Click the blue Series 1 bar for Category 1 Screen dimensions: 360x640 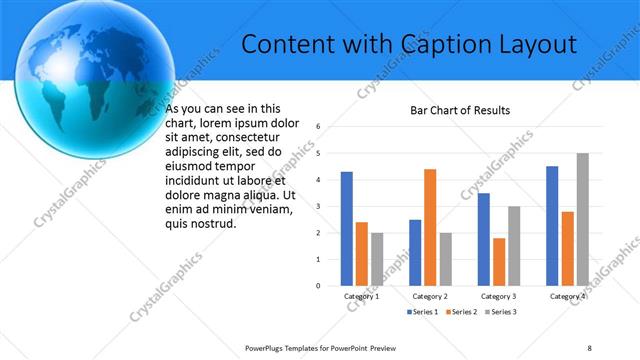[346, 229]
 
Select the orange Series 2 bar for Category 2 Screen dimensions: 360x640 [430, 227]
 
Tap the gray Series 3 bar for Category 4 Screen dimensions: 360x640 [583, 219]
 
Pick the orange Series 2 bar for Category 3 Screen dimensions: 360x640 [499, 262]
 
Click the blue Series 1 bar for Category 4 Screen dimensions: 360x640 [552, 226]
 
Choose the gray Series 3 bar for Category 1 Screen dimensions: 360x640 [377, 259]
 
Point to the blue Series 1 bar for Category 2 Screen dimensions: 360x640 [415, 252]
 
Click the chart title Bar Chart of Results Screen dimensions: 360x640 [460, 109]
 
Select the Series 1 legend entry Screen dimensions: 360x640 [421, 313]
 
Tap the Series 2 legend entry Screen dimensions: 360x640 [461, 313]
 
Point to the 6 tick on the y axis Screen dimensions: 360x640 [317, 127]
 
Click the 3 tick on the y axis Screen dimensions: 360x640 [317, 206]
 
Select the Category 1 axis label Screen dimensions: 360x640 [361, 296]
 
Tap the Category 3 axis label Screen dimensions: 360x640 [498, 296]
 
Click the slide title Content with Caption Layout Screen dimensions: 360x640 [410, 45]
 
